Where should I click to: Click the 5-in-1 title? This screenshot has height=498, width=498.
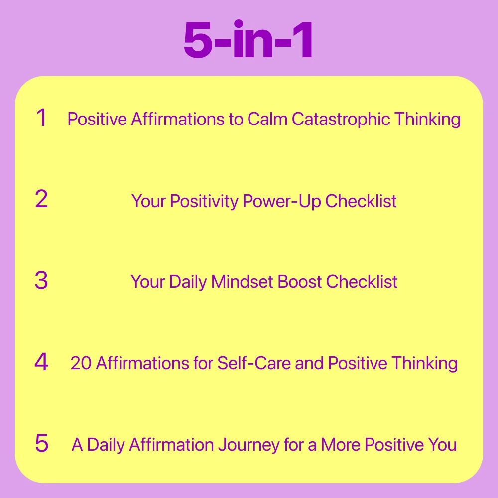[x=249, y=39]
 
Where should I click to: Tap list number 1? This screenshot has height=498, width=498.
[x=42, y=118]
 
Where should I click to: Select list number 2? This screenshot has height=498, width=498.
[x=41, y=199]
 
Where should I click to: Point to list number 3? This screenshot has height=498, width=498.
[x=41, y=280]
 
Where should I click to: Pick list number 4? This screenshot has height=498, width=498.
[x=41, y=362]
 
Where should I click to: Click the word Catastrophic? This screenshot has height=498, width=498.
[x=341, y=120]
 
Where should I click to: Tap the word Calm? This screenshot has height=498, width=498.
[x=267, y=119]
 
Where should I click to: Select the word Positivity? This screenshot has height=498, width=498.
[x=204, y=201]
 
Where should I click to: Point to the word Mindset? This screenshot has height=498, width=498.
[x=242, y=282]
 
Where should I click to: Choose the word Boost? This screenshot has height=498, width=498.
[x=299, y=282]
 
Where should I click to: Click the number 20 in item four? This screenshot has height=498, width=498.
[x=81, y=363]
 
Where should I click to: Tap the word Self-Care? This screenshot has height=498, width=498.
[x=254, y=363]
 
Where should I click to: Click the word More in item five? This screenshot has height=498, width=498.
[x=341, y=445]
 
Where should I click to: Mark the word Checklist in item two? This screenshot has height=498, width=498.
[x=361, y=201]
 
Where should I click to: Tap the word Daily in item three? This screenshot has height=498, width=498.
[x=188, y=282]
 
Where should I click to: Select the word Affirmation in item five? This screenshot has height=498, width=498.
[x=171, y=445]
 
